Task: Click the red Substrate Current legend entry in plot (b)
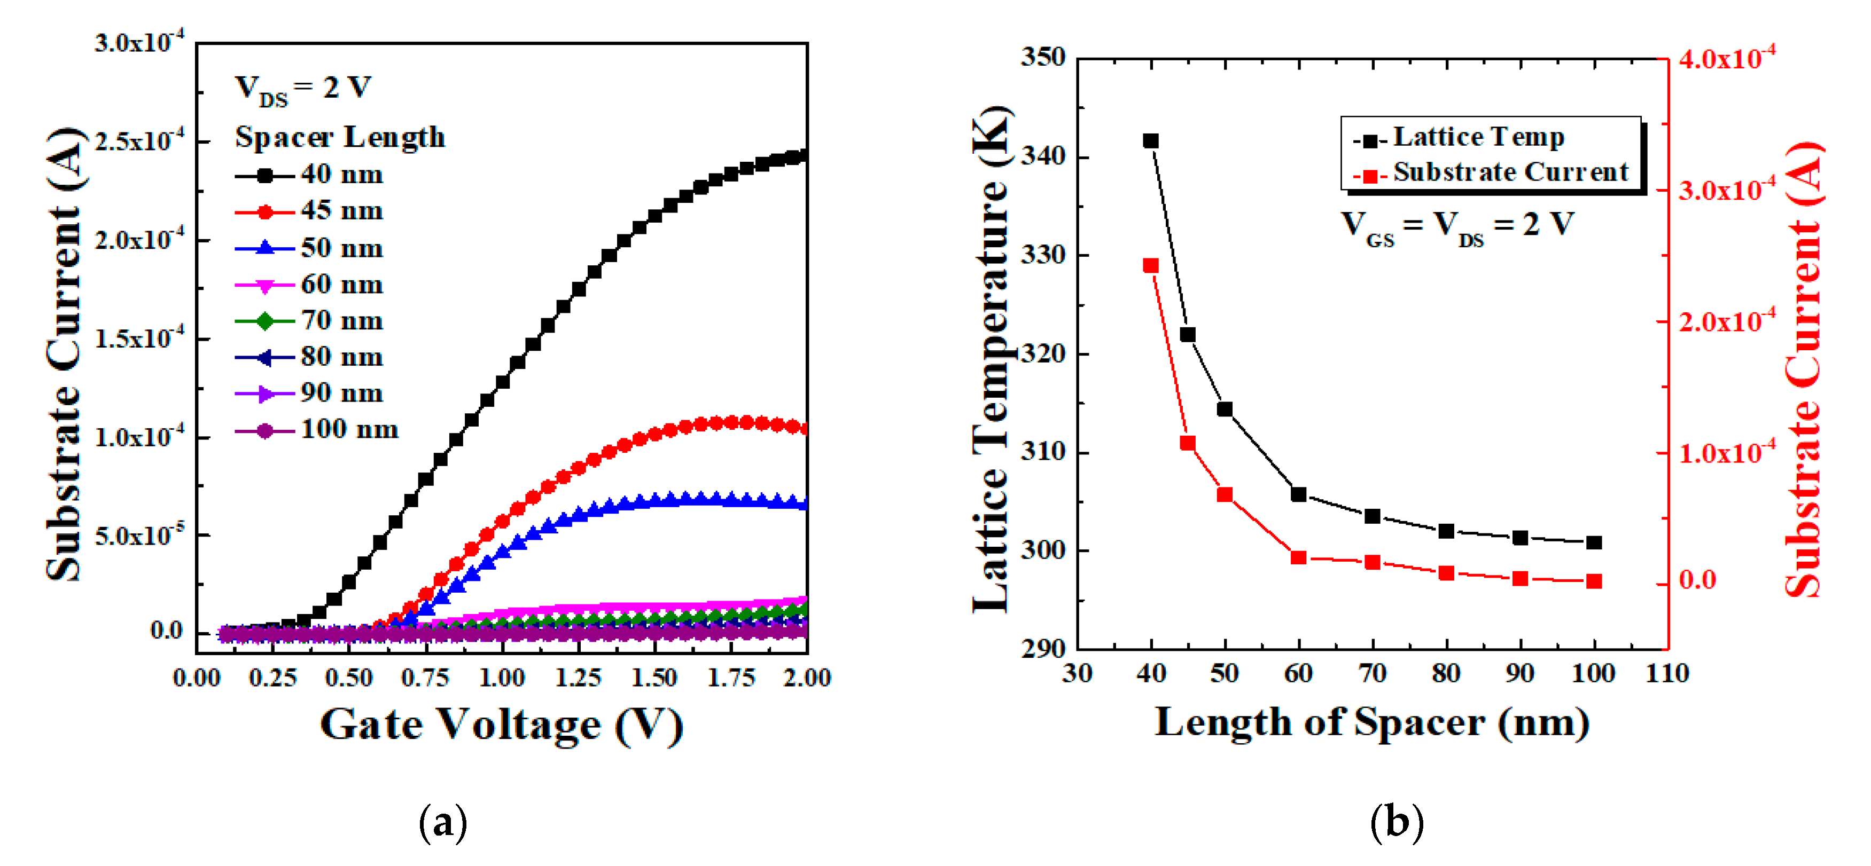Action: pyautogui.click(x=1491, y=173)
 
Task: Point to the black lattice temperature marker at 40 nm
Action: pyautogui.click(x=1150, y=141)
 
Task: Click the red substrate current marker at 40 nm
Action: pyautogui.click(x=1150, y=266)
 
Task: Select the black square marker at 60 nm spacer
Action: pyautogui.click(x=1299, y=494)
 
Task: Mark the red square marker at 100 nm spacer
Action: pyautogui.click(x=1594, y=581)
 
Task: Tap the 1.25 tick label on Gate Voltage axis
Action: pyautogui.click(x=578, y=678)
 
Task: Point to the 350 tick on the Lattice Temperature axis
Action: pyautogui.click(x=1043, y=57)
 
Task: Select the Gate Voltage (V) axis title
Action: pyautogui.click(x=501, y=725)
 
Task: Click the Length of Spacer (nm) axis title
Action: pyautogui.click(x=1372, y=723)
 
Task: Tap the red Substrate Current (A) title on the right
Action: pyautogui.click(x=1804, y=370)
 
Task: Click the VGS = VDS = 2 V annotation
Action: pyautogui.click(x=1456, y=225)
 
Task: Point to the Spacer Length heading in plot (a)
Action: pyautogui.click(x=340, y=137)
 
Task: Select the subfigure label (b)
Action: pyautogui.click(x=1396, y=822)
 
